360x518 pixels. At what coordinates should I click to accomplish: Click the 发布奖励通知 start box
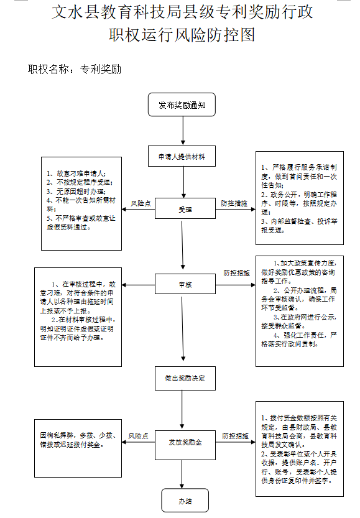click(182, 105)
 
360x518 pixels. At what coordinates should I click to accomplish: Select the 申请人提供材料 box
click(182, 157)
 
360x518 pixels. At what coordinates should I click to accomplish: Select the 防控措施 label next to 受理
click(234, 203)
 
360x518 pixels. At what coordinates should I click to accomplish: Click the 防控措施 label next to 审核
click(236, 273)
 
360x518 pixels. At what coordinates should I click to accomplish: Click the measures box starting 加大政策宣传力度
click(300, 311)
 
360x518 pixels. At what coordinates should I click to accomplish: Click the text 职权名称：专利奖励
click(75, 69)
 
